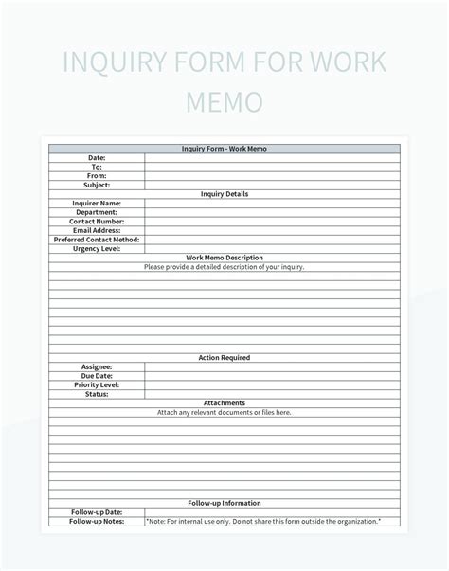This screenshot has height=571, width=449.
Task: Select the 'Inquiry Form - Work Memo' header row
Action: [x=224, y=149]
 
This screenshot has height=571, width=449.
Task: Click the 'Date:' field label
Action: [x=97, y=157]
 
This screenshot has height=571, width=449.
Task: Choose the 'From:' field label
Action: [x=97, y=175]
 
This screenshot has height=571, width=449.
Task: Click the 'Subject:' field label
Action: [x=97, y=185]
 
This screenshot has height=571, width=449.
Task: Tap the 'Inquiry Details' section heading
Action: [x=224, y=194]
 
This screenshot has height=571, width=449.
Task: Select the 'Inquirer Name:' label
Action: [x=97, y=203]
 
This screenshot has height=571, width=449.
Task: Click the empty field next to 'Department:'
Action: [x=273, y=212]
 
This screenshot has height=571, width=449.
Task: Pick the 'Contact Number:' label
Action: [x=97, y=222]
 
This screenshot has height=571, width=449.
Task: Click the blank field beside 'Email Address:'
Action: [x=273, y=230]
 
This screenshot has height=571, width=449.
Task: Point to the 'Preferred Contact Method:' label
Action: [x=97, y=240]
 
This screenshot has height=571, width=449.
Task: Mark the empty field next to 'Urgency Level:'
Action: [x=273, y=249]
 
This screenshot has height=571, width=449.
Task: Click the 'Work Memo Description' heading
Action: [x=224, y=258]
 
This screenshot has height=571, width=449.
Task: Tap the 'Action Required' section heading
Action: [x=224, y=358]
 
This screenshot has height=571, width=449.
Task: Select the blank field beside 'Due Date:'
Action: [x=273, y=376]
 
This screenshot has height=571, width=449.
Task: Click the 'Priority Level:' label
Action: [x=97, y=385]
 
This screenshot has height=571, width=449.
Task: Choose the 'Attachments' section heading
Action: [x=224, y=403]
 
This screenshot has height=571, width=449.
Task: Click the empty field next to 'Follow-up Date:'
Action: [x=273, y=512]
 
